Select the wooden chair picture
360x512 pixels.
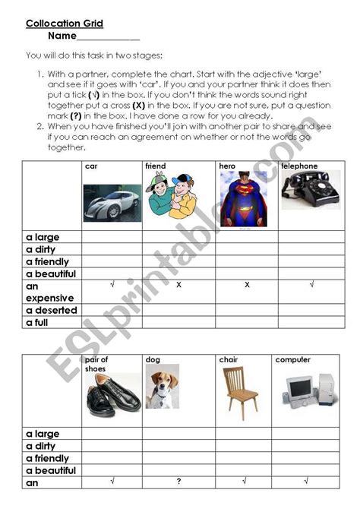239,393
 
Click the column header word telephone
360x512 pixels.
299,166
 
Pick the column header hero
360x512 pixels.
227,166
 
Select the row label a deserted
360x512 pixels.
52,310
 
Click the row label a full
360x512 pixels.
42,322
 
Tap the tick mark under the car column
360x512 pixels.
112,284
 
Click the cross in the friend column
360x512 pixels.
178,285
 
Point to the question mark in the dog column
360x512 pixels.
178,480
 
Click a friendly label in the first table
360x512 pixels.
48,261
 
